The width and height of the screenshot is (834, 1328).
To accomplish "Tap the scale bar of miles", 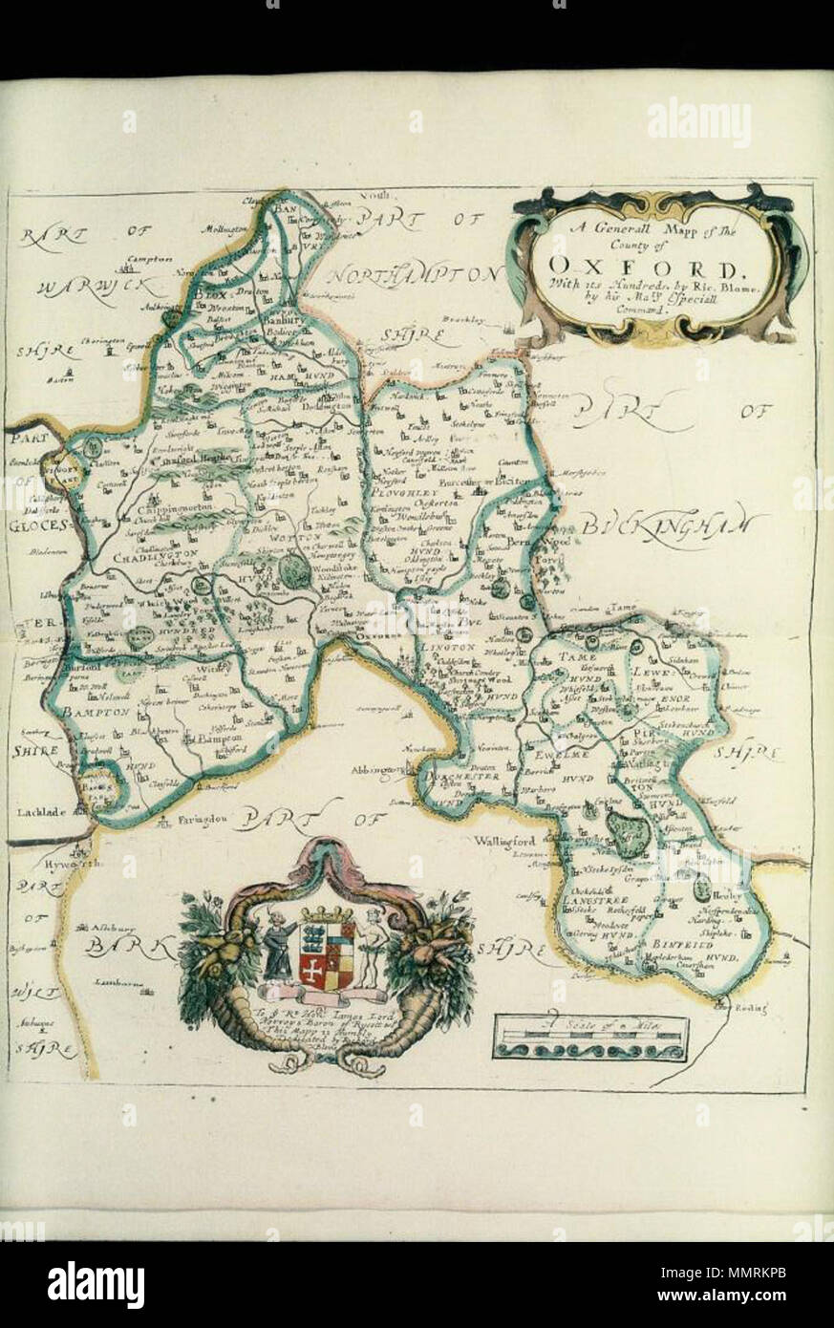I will (590, 1038).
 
